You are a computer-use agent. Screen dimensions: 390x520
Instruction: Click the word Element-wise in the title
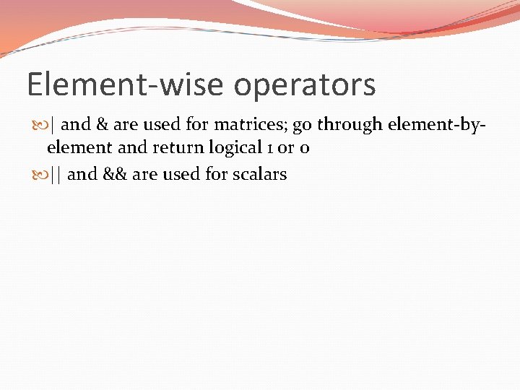[126, 84]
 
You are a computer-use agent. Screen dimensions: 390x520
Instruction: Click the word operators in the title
[304, 84]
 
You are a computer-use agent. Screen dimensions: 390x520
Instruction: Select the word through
[350, 125]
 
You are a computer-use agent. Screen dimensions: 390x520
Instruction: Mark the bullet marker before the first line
[40, 125]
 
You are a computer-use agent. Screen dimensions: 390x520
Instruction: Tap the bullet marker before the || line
[40, 174]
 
